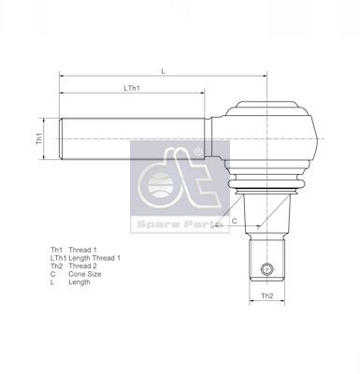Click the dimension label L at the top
164,71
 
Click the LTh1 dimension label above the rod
131,88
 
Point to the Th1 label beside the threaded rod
40,137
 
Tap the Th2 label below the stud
266,296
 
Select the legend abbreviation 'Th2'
56,266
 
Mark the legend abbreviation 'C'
52,273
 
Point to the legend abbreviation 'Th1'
56,250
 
